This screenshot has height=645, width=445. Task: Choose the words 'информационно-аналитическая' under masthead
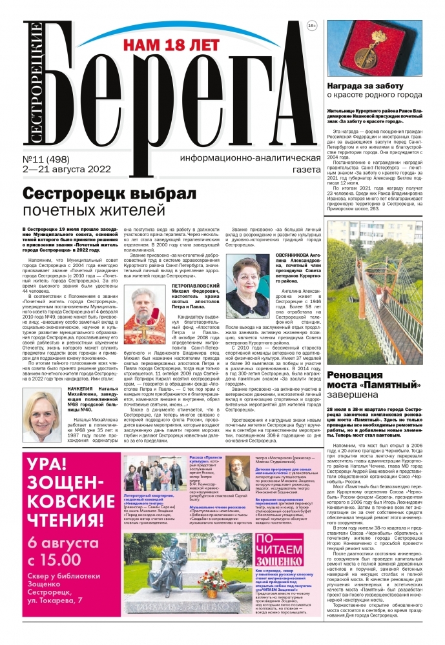251,159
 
